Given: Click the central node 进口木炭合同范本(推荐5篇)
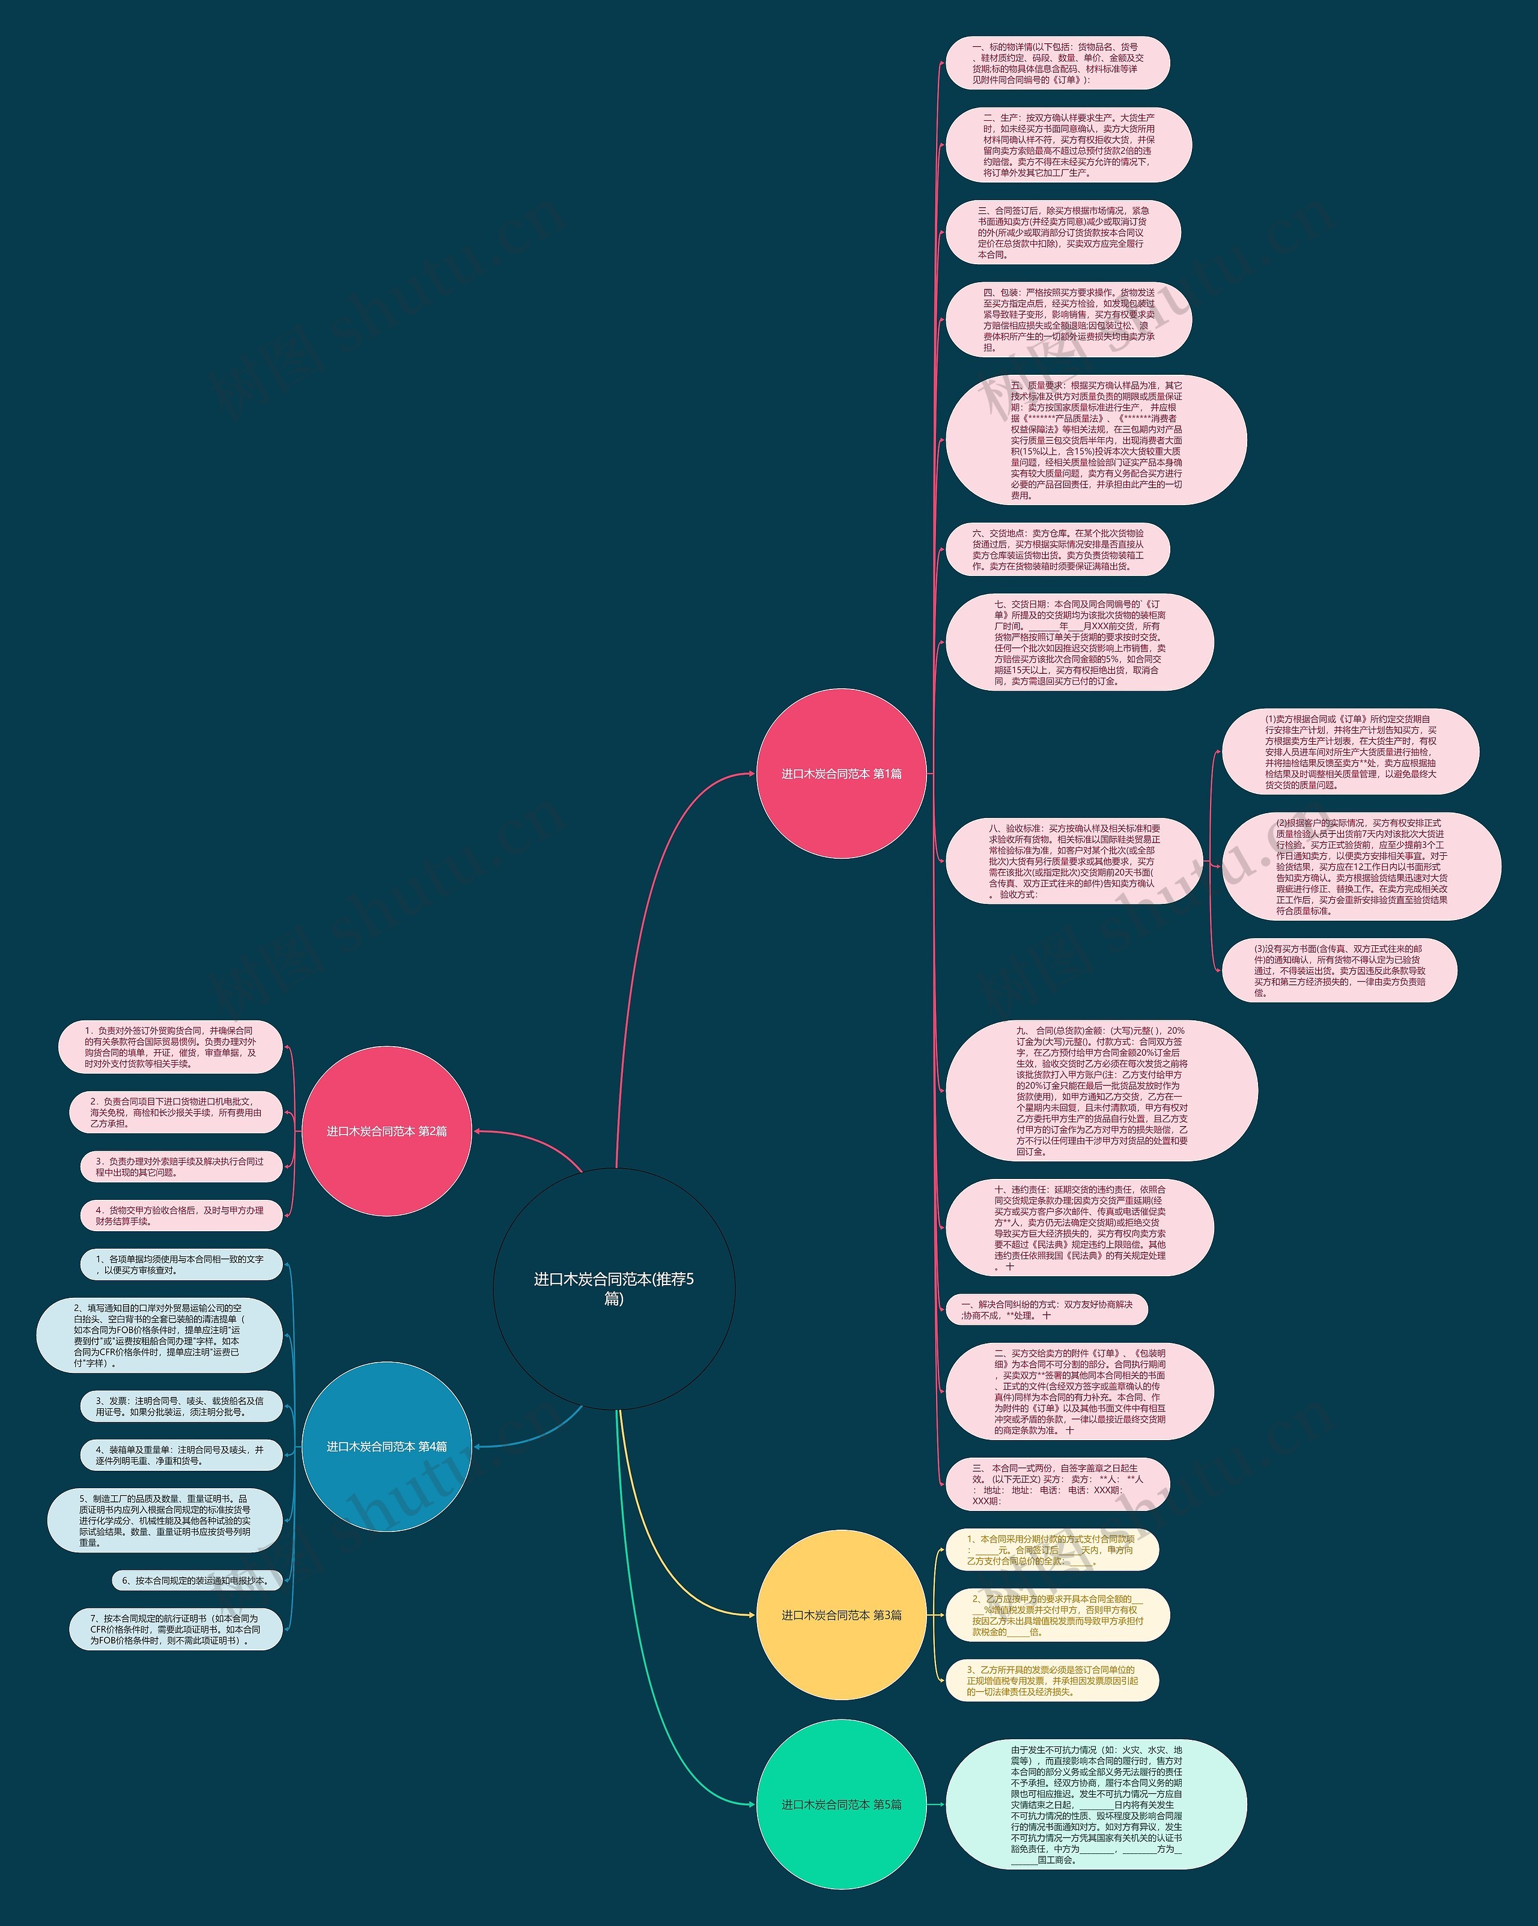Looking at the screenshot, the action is click(x=614, y=1288).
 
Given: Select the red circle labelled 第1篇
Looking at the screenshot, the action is click(x=841, y=774).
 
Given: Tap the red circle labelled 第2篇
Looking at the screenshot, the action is click(x=386, y=1131).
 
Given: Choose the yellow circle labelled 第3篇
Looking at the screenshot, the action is click(x=841, y=1615).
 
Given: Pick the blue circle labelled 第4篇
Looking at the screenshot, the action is click(x=386, y=1446).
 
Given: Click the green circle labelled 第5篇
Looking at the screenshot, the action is click(x=841, y=1805).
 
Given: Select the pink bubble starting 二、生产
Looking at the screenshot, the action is click(x=1068, y=145).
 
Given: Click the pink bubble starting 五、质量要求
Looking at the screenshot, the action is click(x=1096, y=440).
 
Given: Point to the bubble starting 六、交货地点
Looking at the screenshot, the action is click(x=1057, y=550).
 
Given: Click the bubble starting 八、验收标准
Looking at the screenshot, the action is click(x=1073, y=861).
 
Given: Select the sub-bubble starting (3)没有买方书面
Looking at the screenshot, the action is click(x=1339, y=970).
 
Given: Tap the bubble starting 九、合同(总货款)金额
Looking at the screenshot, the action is click(x=1101, y=1091).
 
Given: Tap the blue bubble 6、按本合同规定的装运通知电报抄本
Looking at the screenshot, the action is click(x=196, y=1580).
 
